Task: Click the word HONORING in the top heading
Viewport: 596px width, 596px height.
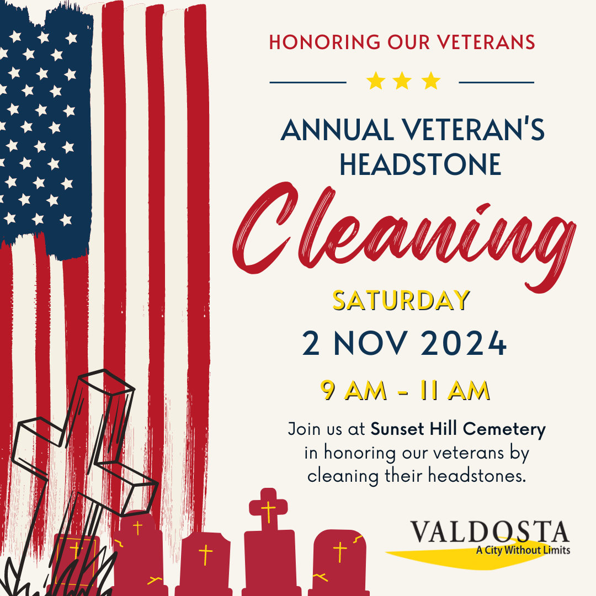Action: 324,42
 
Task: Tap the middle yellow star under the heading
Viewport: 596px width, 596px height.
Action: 402,81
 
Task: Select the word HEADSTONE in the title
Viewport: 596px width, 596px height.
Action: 421,164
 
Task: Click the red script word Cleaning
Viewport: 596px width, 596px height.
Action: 404,236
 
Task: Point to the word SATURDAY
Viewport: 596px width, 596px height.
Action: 401,300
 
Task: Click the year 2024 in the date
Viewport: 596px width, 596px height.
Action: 464,343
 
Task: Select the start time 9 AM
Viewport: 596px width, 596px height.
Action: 354,390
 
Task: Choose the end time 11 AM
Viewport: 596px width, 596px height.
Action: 455,390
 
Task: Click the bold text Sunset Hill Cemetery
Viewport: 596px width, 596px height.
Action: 458,429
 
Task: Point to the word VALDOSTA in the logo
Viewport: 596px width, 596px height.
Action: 489,532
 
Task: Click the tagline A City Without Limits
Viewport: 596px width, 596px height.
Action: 523,550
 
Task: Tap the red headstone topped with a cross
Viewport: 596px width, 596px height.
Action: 269,544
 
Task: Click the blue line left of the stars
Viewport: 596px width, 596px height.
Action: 308,82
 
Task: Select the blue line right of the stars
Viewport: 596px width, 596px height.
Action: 497,82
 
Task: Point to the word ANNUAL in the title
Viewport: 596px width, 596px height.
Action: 337,130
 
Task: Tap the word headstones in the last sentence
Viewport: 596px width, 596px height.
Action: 477,476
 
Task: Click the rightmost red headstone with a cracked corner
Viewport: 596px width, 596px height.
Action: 338,562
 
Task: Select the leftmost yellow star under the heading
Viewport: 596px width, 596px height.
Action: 376,81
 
